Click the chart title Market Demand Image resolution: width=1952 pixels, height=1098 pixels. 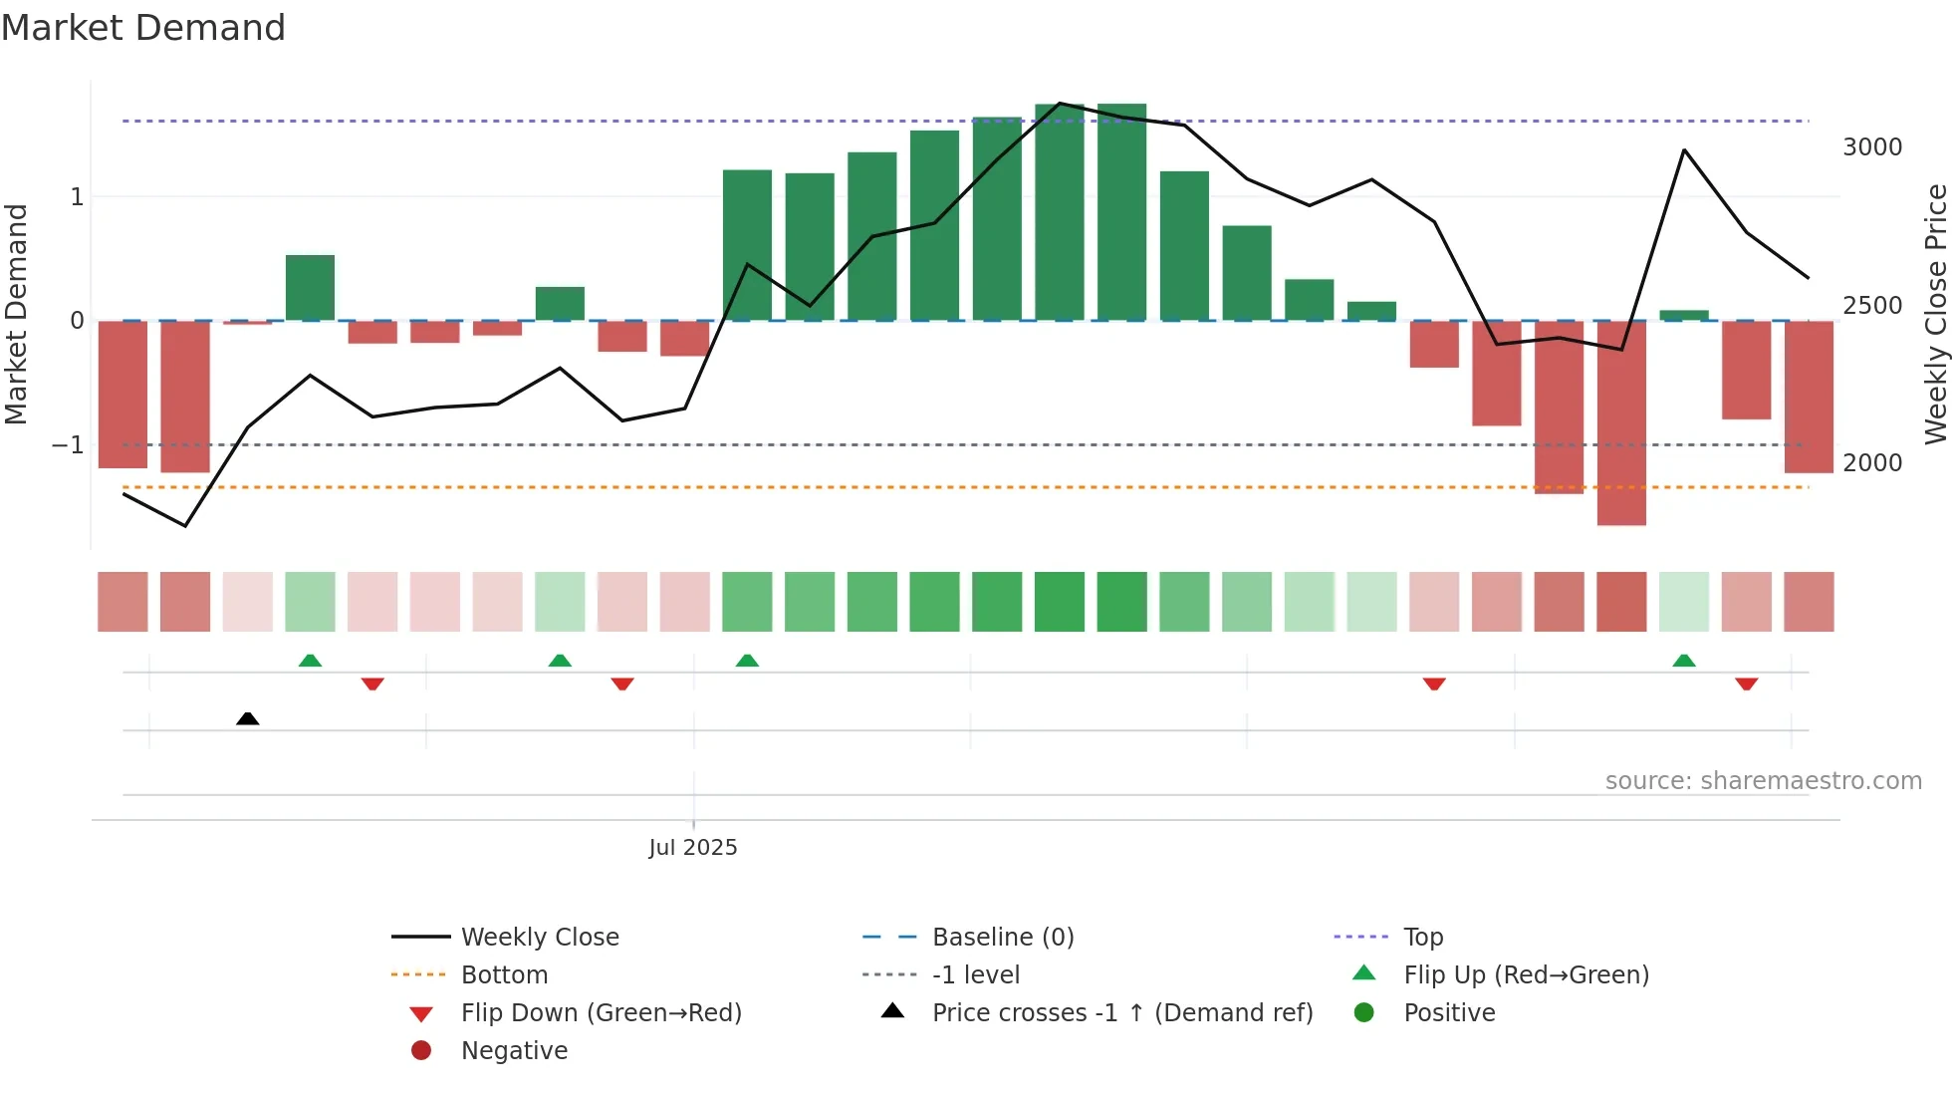143,28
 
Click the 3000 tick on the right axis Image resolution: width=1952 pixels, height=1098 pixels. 1871,147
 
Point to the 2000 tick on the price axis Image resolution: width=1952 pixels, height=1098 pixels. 1871,463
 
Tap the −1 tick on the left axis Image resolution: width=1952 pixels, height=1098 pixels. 68,445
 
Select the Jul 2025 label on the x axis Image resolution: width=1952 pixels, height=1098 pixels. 693,848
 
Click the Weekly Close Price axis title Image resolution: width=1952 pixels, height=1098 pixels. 1935,314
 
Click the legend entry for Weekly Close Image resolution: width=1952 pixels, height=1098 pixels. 539,938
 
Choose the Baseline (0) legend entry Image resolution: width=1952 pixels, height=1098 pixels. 1002,938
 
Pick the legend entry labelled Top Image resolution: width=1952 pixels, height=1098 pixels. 1422,938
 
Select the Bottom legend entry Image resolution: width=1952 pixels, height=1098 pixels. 504,975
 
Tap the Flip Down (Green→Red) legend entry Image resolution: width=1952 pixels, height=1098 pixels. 601,1013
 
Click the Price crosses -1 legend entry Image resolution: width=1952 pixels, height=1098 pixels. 1121,1013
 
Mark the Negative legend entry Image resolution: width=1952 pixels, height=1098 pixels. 514,1051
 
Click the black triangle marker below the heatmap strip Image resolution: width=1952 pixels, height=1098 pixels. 248,719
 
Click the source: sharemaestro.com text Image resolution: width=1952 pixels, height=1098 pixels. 1763,781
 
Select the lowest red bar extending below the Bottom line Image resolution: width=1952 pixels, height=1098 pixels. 1621,423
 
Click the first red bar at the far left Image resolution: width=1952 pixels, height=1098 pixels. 122,395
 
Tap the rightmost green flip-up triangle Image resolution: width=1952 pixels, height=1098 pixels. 1684,662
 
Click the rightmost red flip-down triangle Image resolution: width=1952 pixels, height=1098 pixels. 1746,684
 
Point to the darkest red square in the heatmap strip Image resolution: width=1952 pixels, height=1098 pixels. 1621,602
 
